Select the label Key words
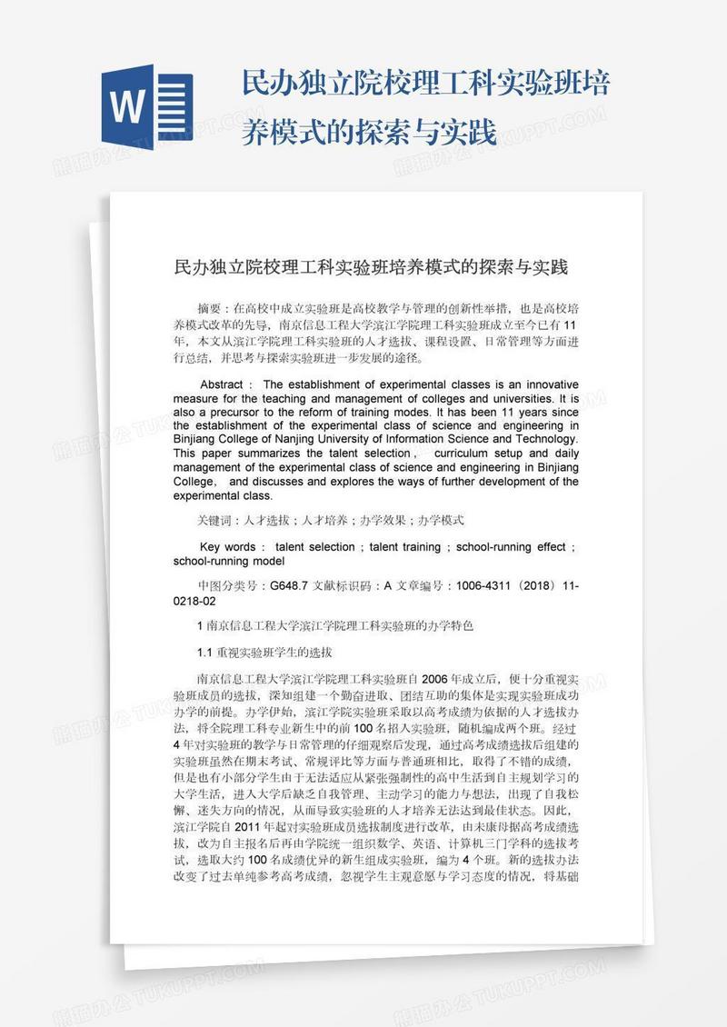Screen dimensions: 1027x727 pos(227,547)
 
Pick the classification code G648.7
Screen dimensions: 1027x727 pos(290,587)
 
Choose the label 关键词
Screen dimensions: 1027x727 pos(215,521)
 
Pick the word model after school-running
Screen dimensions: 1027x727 pos(269,562)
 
